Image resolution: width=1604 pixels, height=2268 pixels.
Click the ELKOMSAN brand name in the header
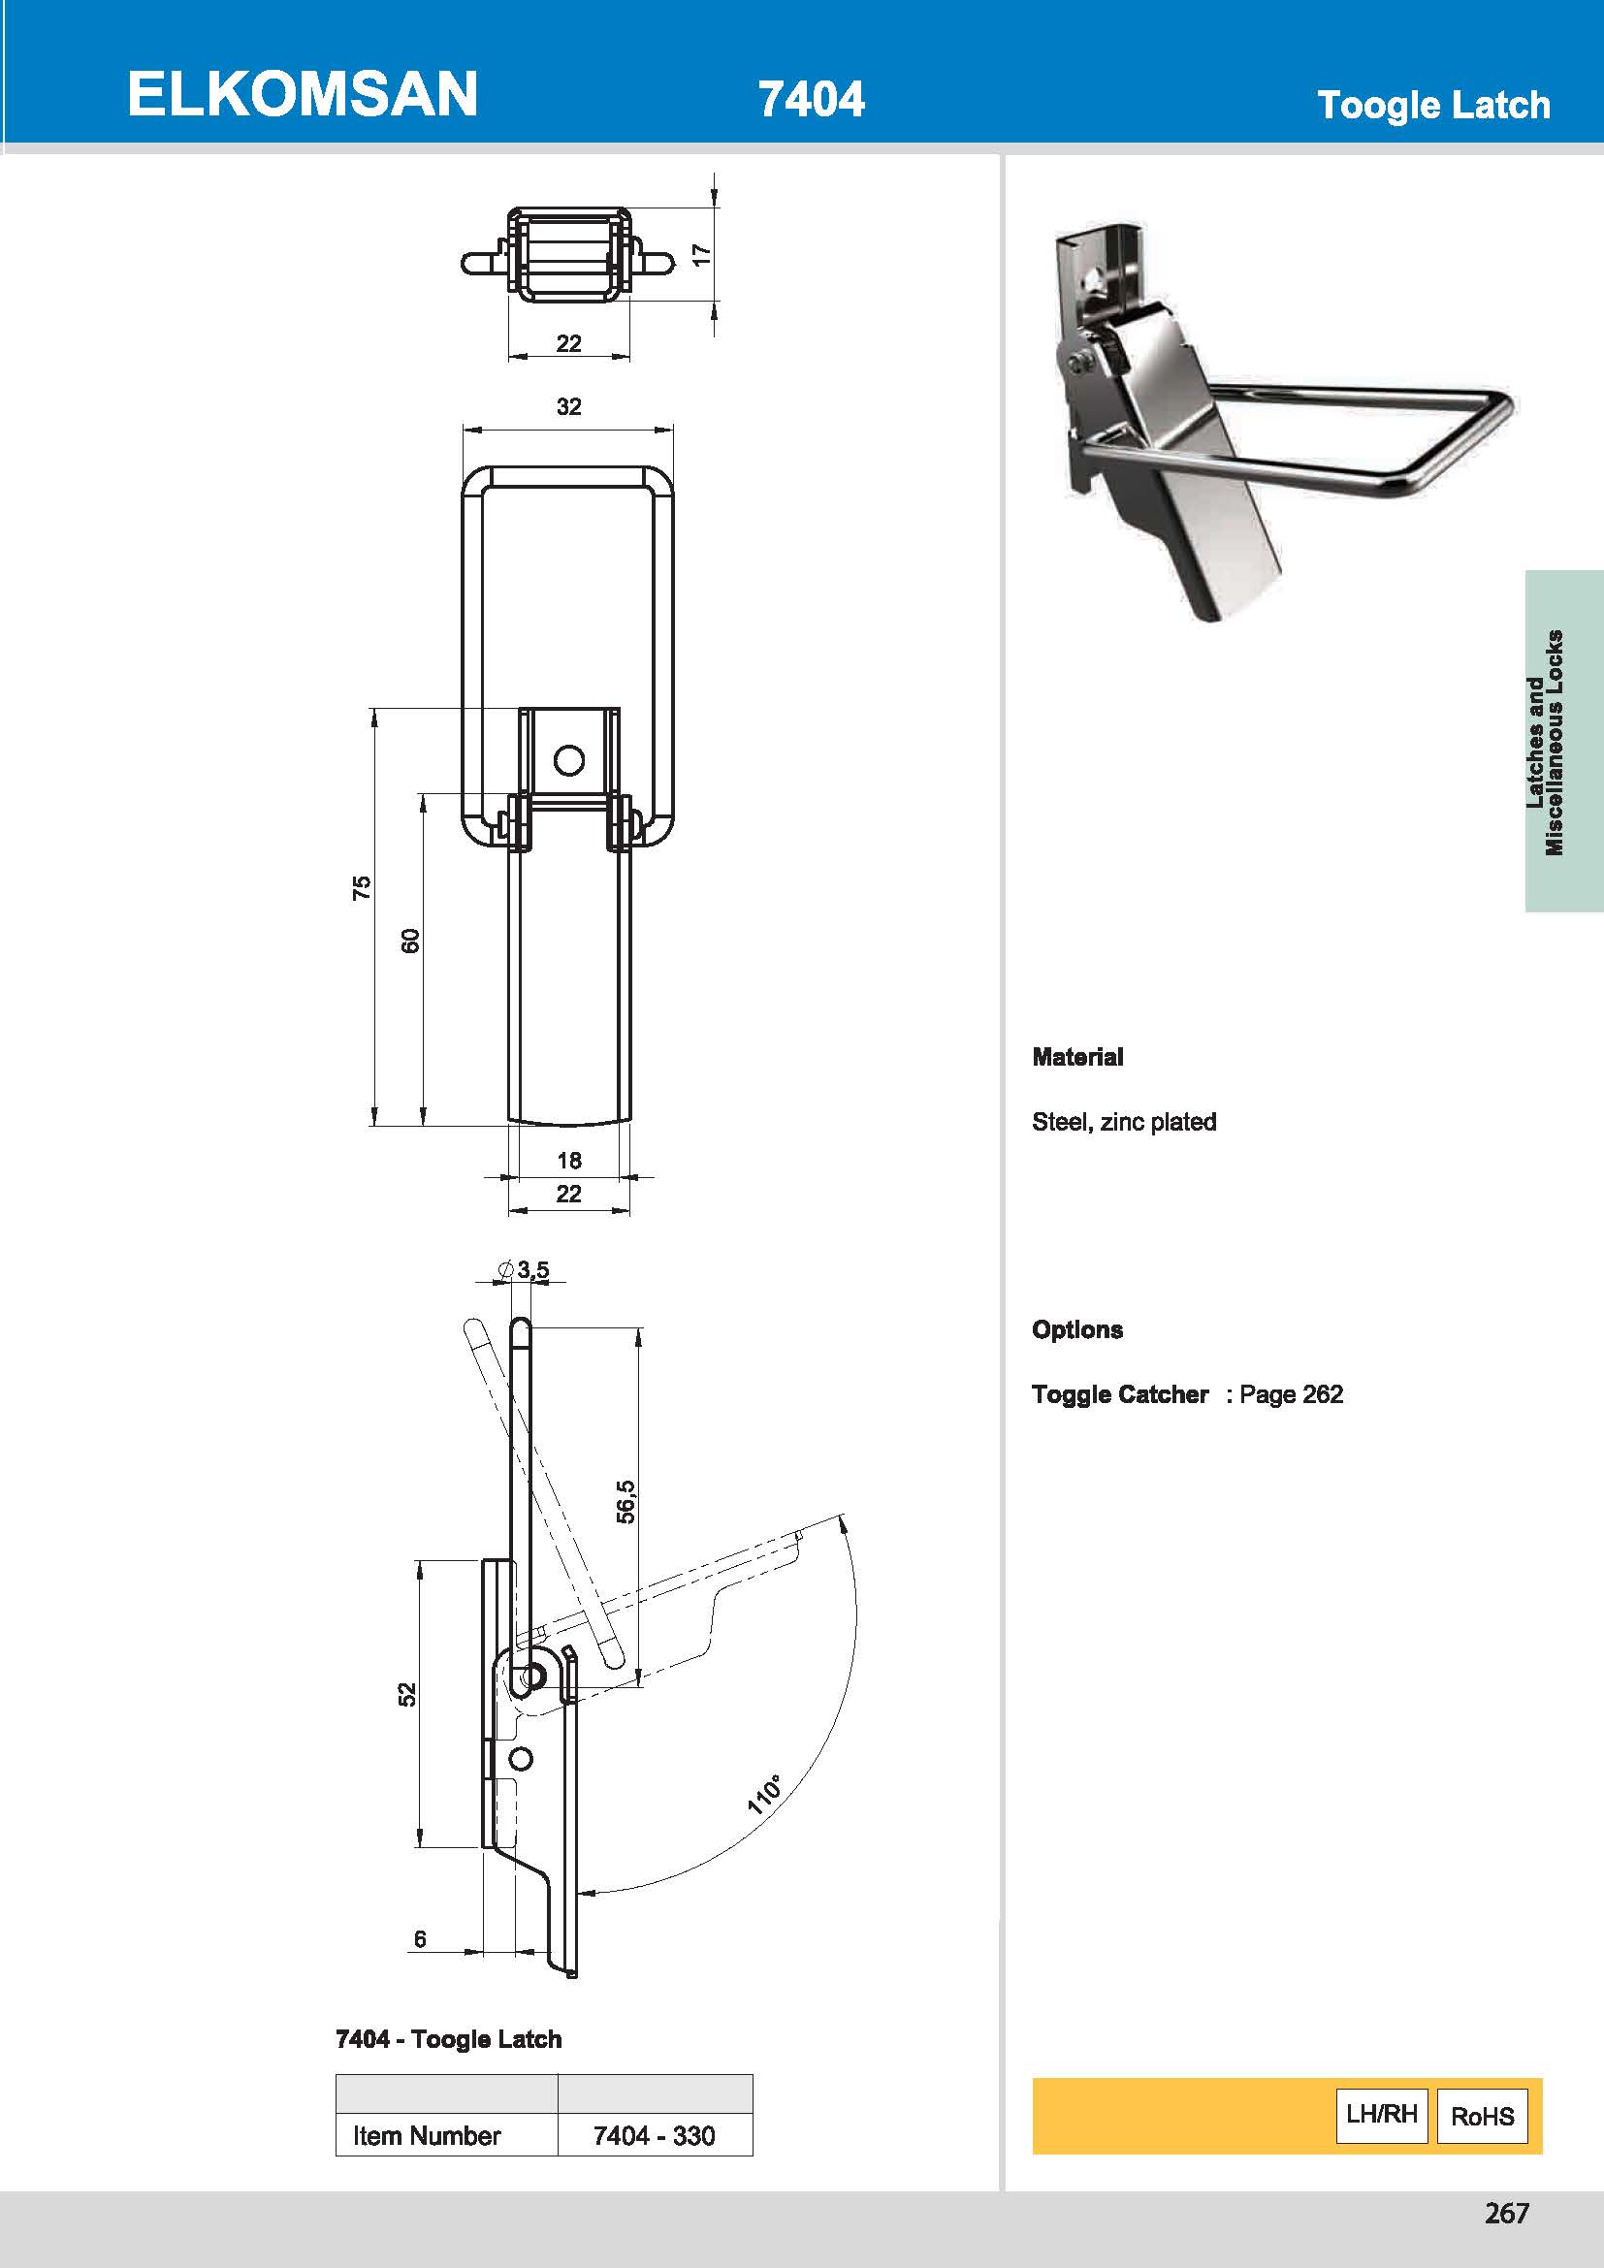point(303,95)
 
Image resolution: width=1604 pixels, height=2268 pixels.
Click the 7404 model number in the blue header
point(811,99)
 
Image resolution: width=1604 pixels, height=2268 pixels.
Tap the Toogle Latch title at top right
point(1433,105)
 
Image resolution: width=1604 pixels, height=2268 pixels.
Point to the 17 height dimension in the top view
point(701,254)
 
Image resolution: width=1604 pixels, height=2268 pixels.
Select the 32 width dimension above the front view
point(569,406)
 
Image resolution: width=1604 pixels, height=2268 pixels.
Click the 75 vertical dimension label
point(363,887)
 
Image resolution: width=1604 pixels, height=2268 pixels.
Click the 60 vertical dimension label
point(411,941)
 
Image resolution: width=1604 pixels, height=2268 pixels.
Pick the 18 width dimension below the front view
point(569,1160)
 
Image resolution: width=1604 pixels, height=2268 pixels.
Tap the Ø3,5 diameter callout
point(525,1269)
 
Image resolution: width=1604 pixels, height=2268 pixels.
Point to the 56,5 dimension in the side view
point(626,1501)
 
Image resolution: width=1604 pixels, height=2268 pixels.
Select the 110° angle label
point(763,1794)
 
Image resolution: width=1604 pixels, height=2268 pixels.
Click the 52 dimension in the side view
point(408,1694)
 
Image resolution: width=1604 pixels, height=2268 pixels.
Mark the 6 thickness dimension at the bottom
point(420,1939)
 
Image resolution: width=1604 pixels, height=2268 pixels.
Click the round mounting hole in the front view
point(569,759)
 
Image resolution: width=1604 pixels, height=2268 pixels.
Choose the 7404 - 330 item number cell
point(654,2134)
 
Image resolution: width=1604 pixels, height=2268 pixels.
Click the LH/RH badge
point(1381,2114)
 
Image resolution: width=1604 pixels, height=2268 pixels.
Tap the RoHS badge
point(1482,2116)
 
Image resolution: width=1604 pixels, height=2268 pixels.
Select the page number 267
point(1506,2213)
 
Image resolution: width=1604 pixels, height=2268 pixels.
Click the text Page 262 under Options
point(1291,1393)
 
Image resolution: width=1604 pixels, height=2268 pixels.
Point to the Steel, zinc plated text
point(1124,1122)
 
